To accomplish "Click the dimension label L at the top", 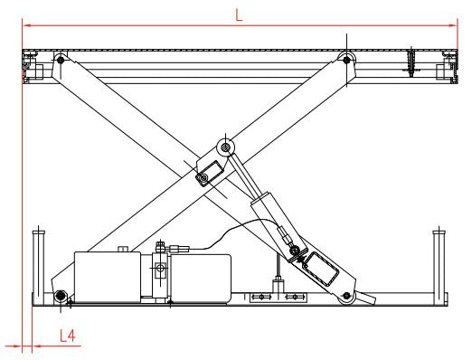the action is pos(239,14).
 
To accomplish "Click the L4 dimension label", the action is pos(68,336).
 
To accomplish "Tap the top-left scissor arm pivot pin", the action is pos(61,60).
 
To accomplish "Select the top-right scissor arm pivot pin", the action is pos(346,60).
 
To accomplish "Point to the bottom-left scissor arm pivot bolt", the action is pos(61,295).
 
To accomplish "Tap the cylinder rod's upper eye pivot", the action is pos(226,147).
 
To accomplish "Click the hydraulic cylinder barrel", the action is pos(273,220).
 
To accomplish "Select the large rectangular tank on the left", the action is pos(108,277).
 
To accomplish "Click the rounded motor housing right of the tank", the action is pos(201,278).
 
